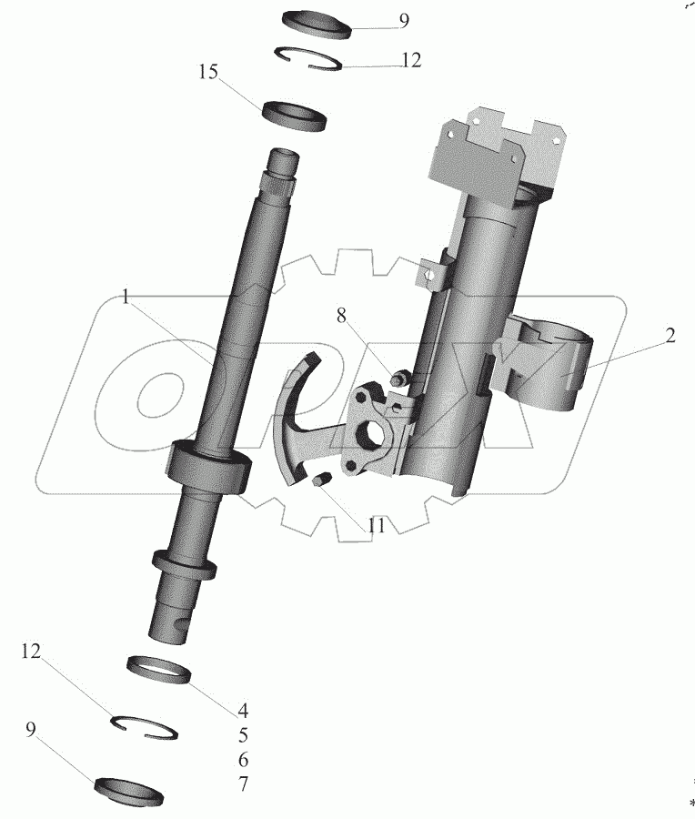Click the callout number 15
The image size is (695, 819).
pyautogui.click(x=209, y=72)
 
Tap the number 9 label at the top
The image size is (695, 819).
pyautogui.click(x=404, y=21)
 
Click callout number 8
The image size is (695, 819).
pyautogui.click(x=341, y=316)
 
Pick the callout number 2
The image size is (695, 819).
pyautogui.click(x=669, y=336)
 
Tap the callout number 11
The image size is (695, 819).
pyautogui.click(x=376, y=526)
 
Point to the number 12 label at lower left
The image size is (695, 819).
pyautogui.click(x=33, y=651)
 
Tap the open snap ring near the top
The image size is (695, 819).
pyautogui.click(x=310, y=56)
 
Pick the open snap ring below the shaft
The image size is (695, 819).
pyautogui.click(x=146, y=725)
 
